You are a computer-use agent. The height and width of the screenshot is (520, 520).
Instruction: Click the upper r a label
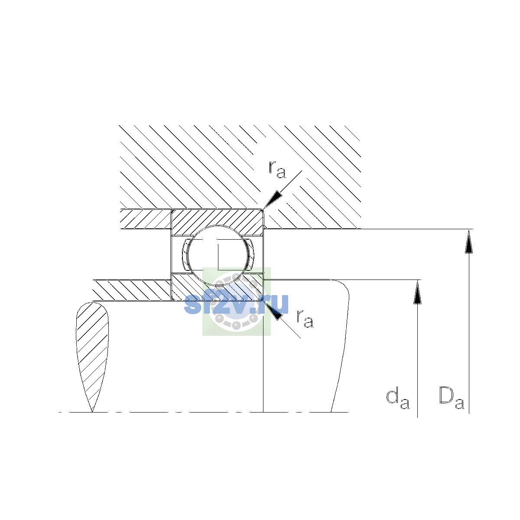point(277,170)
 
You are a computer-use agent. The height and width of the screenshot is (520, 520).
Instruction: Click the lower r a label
point(305,318)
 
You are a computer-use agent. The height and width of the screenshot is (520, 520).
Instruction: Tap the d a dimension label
point(398,400)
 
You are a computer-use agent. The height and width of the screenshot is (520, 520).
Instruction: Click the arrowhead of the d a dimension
point(417,292)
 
